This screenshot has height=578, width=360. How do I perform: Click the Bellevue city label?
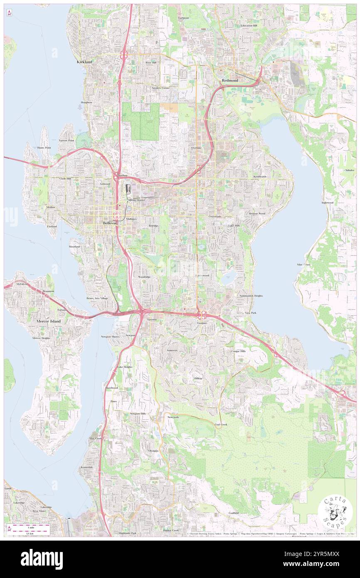tap(110, 223)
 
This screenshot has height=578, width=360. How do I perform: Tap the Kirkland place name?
tap(84, 62)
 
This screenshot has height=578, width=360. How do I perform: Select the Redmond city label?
tap(230, 80)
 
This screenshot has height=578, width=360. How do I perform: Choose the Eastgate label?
tap(202, 323)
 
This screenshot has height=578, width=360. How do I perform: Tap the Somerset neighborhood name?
tap(172, 351)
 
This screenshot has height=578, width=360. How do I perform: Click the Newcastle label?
tap(173, 417)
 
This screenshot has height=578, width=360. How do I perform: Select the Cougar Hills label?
tap(238, 351)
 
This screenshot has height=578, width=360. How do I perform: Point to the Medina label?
tap(50, 207)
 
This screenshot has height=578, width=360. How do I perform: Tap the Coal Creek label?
tap(221, 424)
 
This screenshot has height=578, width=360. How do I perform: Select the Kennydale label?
tap(87, 467)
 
